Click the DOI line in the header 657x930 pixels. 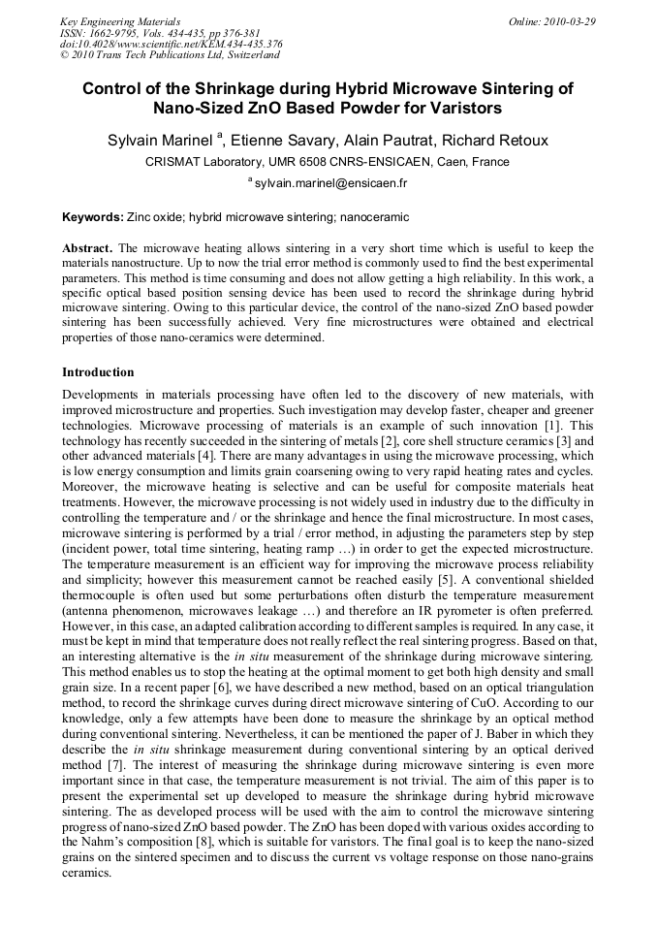pyautogui.click(x=171, y=44)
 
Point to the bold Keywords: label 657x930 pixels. pyautogui.click(x=93, y=217)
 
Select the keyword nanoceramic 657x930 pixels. pyautogui.click(x=373, y=217)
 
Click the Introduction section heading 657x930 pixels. pyautogui.click(x=98, y=371)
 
